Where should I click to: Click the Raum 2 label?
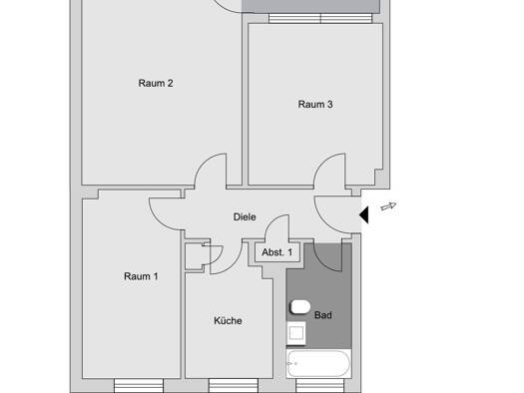coord(156,83)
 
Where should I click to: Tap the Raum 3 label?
coord(315,104)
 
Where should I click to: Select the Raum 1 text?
coord(141,276)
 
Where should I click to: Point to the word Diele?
coord(245,217)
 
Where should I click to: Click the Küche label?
coord(228,320)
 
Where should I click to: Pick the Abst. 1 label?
coord(277,252)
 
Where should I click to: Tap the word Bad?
coord(322,315)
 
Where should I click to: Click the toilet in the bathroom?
coord(299,307)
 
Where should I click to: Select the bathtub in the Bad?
coord(318,364)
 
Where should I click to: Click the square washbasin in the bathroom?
coord(296,333)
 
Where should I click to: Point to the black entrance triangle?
coord(364,214)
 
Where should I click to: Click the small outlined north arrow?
coord(388,206)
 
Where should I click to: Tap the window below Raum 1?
coord(139,386)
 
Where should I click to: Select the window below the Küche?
coord(234,386)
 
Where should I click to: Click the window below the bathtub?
coord(319,386)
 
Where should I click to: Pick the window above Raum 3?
coord(320,18)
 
